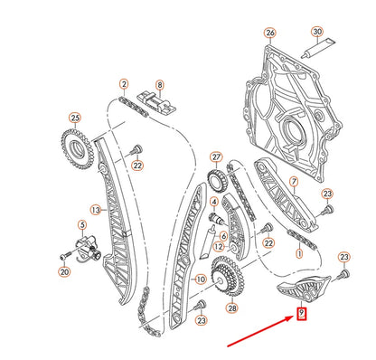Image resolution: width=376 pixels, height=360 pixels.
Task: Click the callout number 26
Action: pos(268,33)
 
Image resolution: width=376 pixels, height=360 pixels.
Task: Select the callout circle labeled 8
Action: pos(159,86)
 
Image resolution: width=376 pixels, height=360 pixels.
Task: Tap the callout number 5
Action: pos(81,224)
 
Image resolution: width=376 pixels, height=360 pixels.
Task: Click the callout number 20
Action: pos(63,270)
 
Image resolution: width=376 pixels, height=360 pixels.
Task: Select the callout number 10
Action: pos(200,280)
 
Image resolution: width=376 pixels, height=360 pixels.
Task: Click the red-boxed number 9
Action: pos(302,314)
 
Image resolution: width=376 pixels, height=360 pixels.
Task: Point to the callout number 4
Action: pos(213,202)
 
